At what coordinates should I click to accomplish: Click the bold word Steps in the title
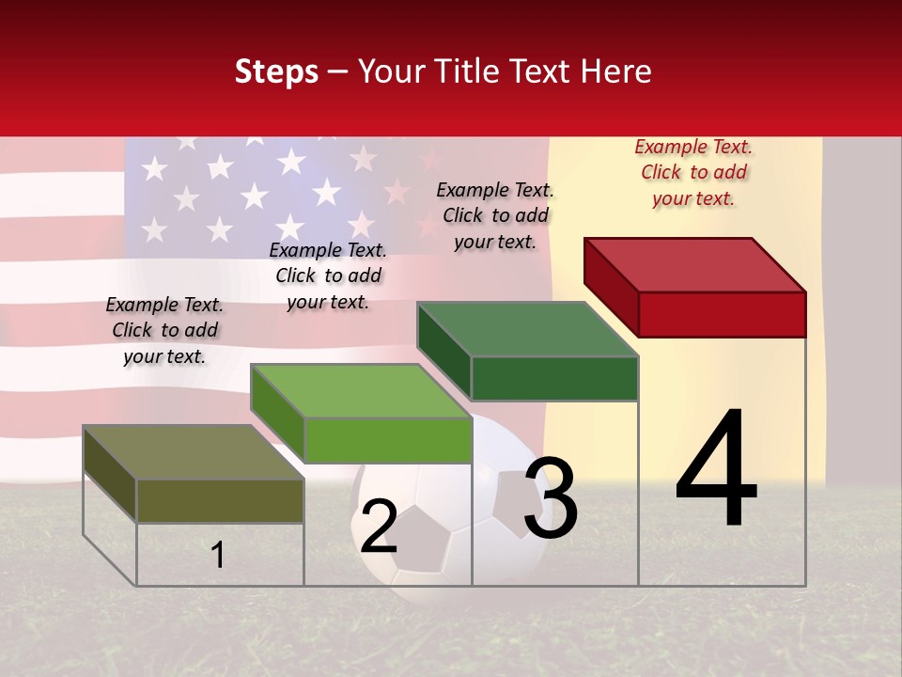tap(275, 71)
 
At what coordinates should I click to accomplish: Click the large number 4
tap(716, 470)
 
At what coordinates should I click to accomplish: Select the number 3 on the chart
tap(551, 497)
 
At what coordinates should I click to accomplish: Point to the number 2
tap(379, 527)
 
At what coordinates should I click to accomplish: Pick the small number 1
tap(218, 555)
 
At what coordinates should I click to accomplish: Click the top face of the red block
tap(695, 264)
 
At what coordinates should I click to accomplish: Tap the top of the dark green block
tap(528, 329)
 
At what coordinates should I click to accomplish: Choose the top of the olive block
tap(194, 452)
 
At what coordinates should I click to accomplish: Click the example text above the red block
tap(693, 172)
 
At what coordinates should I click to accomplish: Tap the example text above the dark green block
tap(495, 215)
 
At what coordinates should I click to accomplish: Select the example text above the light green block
tap(328, 276)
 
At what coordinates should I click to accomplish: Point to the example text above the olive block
tap(164, 330)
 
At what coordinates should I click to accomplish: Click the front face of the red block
tap(722, 314)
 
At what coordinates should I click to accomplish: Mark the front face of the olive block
tap(220, 501)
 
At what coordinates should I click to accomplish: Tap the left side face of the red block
tap(611, 282)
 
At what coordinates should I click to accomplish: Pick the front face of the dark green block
tap(554, 379)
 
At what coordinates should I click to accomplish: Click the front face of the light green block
tap(387, 440)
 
